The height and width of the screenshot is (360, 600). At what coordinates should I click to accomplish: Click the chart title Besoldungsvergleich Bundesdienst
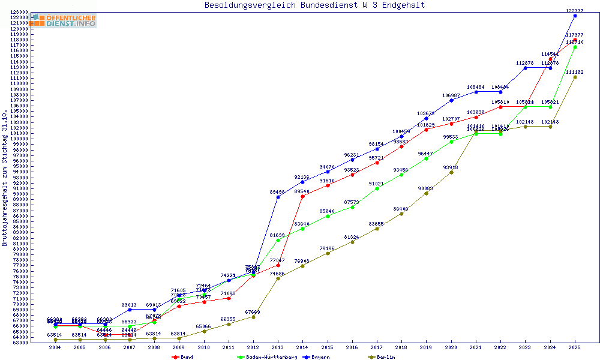tap(314, 5)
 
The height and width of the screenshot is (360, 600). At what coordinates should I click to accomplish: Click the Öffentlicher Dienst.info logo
tap(64, 20)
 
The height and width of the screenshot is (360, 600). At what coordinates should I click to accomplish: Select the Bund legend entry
tap(182, 357)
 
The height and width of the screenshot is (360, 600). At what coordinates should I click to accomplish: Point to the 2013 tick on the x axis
tap(278, 347)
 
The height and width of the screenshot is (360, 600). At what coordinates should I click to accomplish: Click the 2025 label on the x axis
tap(575, 347)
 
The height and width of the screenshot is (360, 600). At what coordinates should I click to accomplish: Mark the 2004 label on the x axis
tap(55, 347)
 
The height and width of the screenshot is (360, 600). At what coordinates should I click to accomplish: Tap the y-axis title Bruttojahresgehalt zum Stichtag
tap(5, 178)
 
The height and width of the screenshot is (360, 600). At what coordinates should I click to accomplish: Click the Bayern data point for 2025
tap(575, 16)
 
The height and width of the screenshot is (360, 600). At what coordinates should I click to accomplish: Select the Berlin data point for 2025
tap(575, 77)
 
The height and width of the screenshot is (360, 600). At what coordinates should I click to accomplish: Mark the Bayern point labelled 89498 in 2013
tap(278, 197)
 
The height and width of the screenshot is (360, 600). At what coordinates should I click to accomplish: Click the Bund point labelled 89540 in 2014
tap(302, 196)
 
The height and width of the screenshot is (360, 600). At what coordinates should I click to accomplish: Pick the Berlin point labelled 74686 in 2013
tap(278, 278)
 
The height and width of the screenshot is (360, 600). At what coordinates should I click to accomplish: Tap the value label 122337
tap(575, 10)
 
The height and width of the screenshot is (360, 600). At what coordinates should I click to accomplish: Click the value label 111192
tap(575, 71)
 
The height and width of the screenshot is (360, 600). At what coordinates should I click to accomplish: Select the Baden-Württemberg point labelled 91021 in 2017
tap(377, 188)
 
